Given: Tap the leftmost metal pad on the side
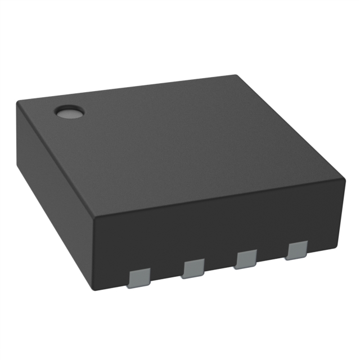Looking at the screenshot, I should [x=139, y=278].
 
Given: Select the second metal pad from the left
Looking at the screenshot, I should [x=193, y=268].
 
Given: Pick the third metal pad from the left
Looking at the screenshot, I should [x=246, y=259].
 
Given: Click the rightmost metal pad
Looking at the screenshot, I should [x=296, y=250].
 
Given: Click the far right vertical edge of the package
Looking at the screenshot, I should [x=343, y=211].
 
